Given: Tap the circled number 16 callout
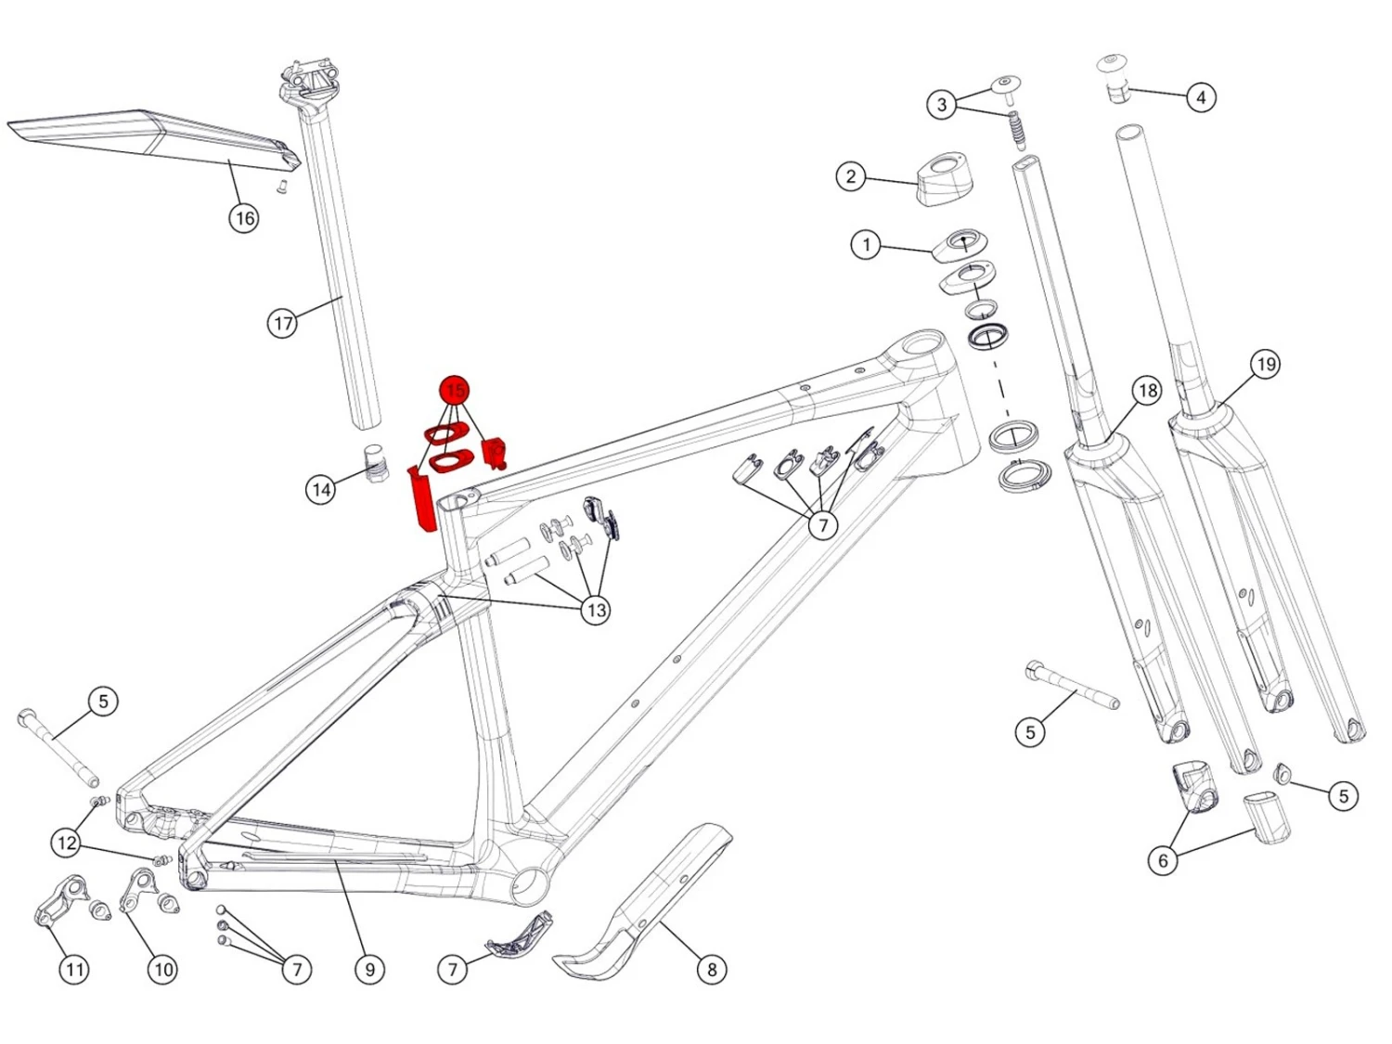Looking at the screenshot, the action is [x=244, y=219].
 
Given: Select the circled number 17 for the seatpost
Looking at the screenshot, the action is [x=282, y=323].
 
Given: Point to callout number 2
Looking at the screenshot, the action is [x=850, y=177].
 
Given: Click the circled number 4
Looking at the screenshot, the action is [x=1200, y=97].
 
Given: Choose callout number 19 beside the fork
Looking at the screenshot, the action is [x=1265, y=365].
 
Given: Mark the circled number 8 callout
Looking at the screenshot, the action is [x=712, y=969].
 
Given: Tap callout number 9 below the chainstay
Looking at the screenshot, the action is [x=369, y=969].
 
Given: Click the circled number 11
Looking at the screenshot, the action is [x=74, y=969].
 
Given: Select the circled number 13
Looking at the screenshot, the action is [x=596, y=611].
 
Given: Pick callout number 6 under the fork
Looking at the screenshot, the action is [x=1163, y=860].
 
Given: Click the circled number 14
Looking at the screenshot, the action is [x=321, y=489].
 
